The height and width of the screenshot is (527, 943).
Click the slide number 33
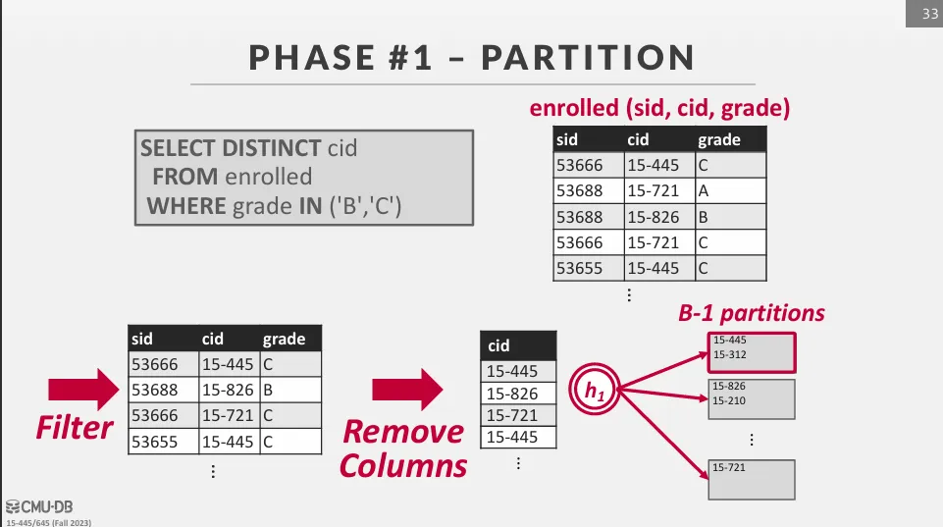[930, 13]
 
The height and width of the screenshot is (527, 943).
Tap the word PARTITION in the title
[588, 58]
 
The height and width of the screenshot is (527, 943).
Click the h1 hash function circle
[595, 390]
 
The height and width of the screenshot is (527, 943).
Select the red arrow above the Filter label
[83, 390]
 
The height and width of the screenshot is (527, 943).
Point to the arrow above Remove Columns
[407, 390]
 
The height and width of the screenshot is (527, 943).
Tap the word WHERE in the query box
[186, 206]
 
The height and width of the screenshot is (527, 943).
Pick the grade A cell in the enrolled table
[731, 190]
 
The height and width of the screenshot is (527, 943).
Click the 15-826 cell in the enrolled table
[659, 217]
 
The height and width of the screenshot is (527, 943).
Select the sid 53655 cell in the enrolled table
[589, 268]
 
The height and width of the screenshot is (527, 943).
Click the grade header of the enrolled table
[731, 139]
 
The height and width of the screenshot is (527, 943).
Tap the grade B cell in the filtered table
[290, 390]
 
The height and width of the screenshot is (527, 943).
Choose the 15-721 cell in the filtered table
[230, 416]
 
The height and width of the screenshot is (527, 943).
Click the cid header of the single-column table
[518, 345]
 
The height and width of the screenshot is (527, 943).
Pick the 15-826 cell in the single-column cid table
[518, 394]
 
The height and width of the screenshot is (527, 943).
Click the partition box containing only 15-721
[752, 480]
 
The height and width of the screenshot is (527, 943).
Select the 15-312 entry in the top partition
[729, 355]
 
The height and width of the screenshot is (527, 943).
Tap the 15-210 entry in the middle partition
[729, 400]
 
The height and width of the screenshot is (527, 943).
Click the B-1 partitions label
[751, 313]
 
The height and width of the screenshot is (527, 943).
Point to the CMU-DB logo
[39, 507]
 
